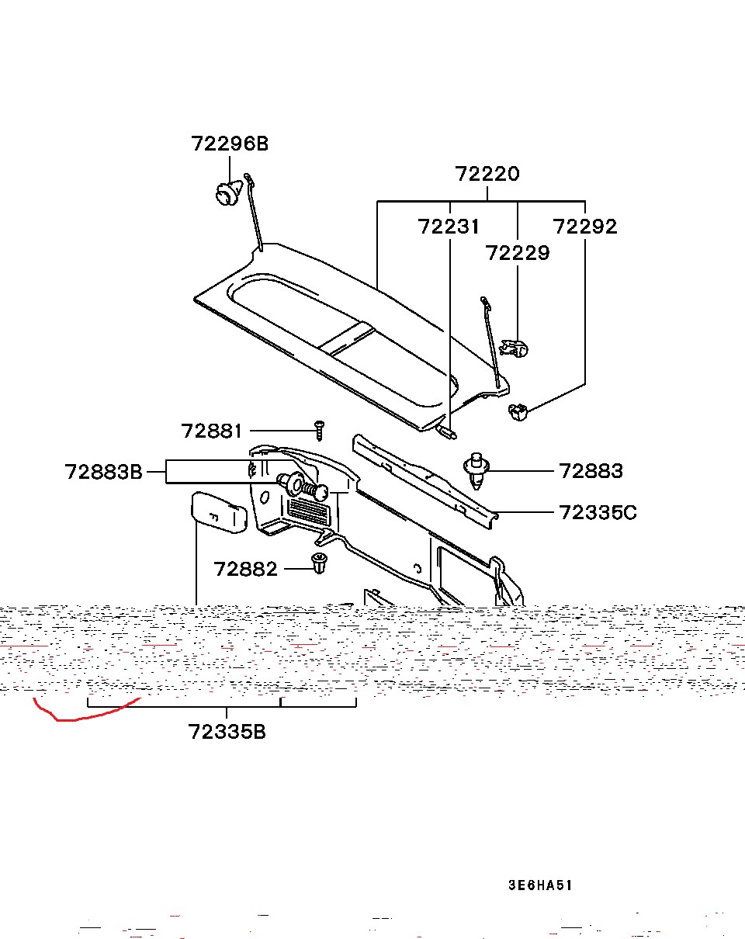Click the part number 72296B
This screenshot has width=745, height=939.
tap(230, 144)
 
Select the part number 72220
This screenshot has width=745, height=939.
tap(487, 174)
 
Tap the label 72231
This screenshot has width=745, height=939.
tap(449, 227)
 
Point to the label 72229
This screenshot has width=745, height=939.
tap(517, 253)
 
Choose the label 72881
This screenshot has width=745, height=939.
tap(212, 431)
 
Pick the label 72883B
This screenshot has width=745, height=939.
tap(104, 472)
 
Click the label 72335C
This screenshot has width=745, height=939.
tap(598, 512)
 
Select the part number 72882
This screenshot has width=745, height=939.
tap(245, 569)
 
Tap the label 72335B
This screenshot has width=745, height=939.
tap(227, 732)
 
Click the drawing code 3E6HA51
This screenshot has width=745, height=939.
tap(540, 885)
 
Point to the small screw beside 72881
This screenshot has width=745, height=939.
tap(318, 427)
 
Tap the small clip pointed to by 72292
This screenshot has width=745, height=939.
tap(518, 411)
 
